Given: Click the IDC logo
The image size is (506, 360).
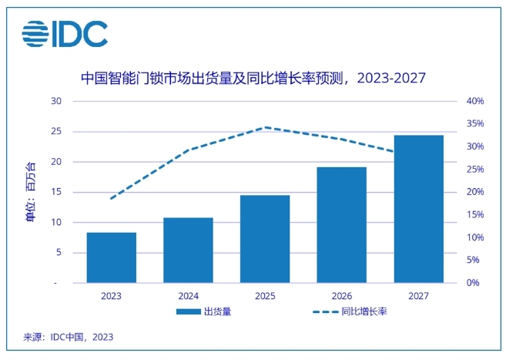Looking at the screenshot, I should click(65, 32).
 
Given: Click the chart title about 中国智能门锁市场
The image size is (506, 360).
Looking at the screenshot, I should click(253, 79).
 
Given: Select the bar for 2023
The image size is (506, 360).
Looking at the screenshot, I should click(111, 257).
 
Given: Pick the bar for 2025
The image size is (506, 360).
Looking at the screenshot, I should click(265, 239).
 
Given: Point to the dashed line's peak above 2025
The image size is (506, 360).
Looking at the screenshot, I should click(265, 127).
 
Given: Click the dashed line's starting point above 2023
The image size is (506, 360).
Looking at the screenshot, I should click(111, 199).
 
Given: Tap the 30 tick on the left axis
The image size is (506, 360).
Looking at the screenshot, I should click(56, 101).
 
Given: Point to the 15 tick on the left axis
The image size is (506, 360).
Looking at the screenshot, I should click(56, 192).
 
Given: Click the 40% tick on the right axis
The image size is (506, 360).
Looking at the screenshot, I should click(475, 101).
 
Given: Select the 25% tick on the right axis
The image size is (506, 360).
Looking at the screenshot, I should click(475, 170).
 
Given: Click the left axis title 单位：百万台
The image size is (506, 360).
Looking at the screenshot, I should click(30, 192).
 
